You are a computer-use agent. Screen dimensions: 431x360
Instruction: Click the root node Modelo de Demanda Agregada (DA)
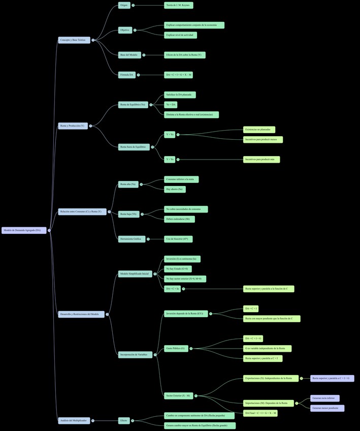(24, 230)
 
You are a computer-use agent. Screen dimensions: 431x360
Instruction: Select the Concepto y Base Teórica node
(74, 40)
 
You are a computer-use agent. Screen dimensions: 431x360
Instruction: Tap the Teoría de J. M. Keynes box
(179, 5)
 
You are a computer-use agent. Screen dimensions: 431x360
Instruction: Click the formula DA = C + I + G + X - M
(178, 75)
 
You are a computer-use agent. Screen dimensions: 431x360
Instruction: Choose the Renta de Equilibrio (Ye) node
(133, 105)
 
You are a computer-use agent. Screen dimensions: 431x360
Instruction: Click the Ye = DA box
(171, 105)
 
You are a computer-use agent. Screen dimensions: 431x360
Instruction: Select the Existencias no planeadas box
(259, 130)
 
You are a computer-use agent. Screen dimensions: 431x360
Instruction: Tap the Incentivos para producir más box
(261, 159)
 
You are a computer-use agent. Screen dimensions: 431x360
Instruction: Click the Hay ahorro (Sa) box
(175, 189)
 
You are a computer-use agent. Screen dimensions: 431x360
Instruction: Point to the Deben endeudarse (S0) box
(179, 219)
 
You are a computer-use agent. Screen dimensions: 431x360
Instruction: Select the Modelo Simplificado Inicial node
(135, 273)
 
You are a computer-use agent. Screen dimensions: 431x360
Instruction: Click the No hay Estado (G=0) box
(178, 268)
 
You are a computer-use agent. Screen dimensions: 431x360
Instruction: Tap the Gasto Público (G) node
(176, 348)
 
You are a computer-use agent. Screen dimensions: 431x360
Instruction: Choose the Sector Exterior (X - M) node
(178, 395)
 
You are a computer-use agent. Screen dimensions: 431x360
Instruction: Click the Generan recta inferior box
(325, 398)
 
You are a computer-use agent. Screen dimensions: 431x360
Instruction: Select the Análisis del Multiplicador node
(74, 420)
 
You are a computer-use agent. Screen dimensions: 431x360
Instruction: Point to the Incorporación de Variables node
(135, 354)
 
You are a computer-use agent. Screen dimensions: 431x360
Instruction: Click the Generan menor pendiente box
(328, 408)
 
